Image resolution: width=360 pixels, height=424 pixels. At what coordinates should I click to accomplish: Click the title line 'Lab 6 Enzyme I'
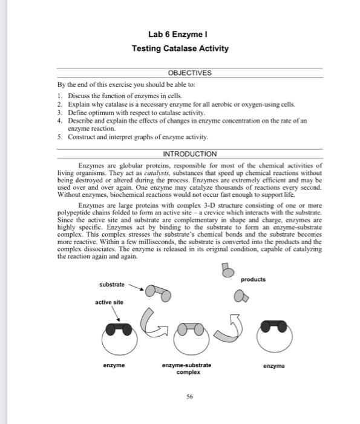180,34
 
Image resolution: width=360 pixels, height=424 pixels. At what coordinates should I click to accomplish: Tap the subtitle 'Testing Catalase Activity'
180,48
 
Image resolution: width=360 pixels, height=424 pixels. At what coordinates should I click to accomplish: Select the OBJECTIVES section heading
189,73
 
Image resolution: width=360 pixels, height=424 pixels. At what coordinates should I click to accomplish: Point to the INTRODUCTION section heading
189,153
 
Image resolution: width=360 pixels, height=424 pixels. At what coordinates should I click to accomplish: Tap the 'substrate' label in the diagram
112,284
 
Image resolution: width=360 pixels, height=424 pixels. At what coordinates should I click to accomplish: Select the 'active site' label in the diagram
109,302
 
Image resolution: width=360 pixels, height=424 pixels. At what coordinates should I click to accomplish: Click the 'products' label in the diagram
253,279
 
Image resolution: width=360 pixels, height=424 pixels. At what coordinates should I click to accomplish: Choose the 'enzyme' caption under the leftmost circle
113,365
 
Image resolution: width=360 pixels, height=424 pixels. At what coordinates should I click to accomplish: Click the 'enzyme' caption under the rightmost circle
273,366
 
